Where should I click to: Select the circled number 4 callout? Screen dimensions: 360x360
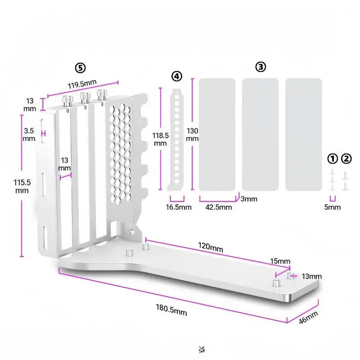pos(177,76)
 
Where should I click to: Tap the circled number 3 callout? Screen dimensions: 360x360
pos(261,67)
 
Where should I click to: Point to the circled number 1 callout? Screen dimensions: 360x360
pos(333,158)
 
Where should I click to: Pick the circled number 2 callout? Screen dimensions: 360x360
pos(346,158)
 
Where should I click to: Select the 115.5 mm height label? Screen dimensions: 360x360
pos(22,186)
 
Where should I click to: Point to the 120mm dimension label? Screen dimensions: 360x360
pos(210,246)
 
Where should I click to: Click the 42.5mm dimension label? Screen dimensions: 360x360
pos(218,207)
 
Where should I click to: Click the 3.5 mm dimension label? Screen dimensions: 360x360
pos(29,134)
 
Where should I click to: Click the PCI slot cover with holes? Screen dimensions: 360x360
pos(177,139)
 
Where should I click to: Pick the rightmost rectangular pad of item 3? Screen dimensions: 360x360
pos(303,134)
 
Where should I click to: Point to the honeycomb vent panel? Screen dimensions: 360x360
pos(120,153)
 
